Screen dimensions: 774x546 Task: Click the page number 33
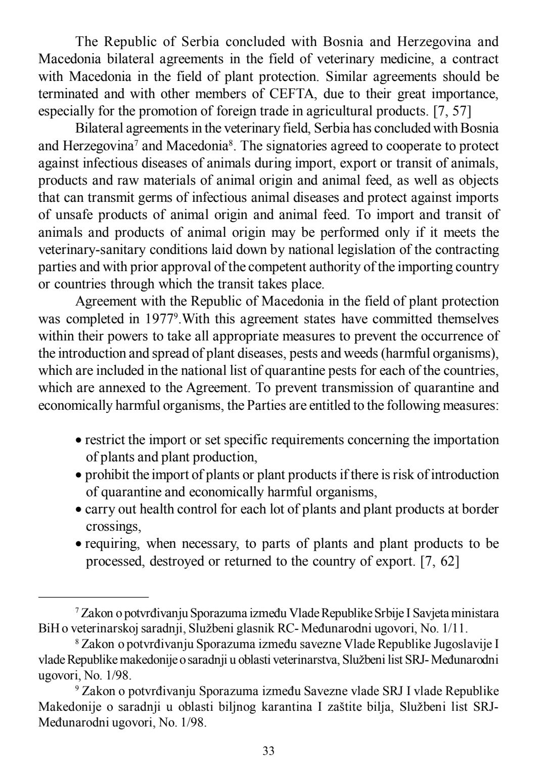click(268, 751)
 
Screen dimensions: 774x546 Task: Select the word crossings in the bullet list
click(113, 527)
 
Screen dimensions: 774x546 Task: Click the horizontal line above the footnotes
click(94, 597)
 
